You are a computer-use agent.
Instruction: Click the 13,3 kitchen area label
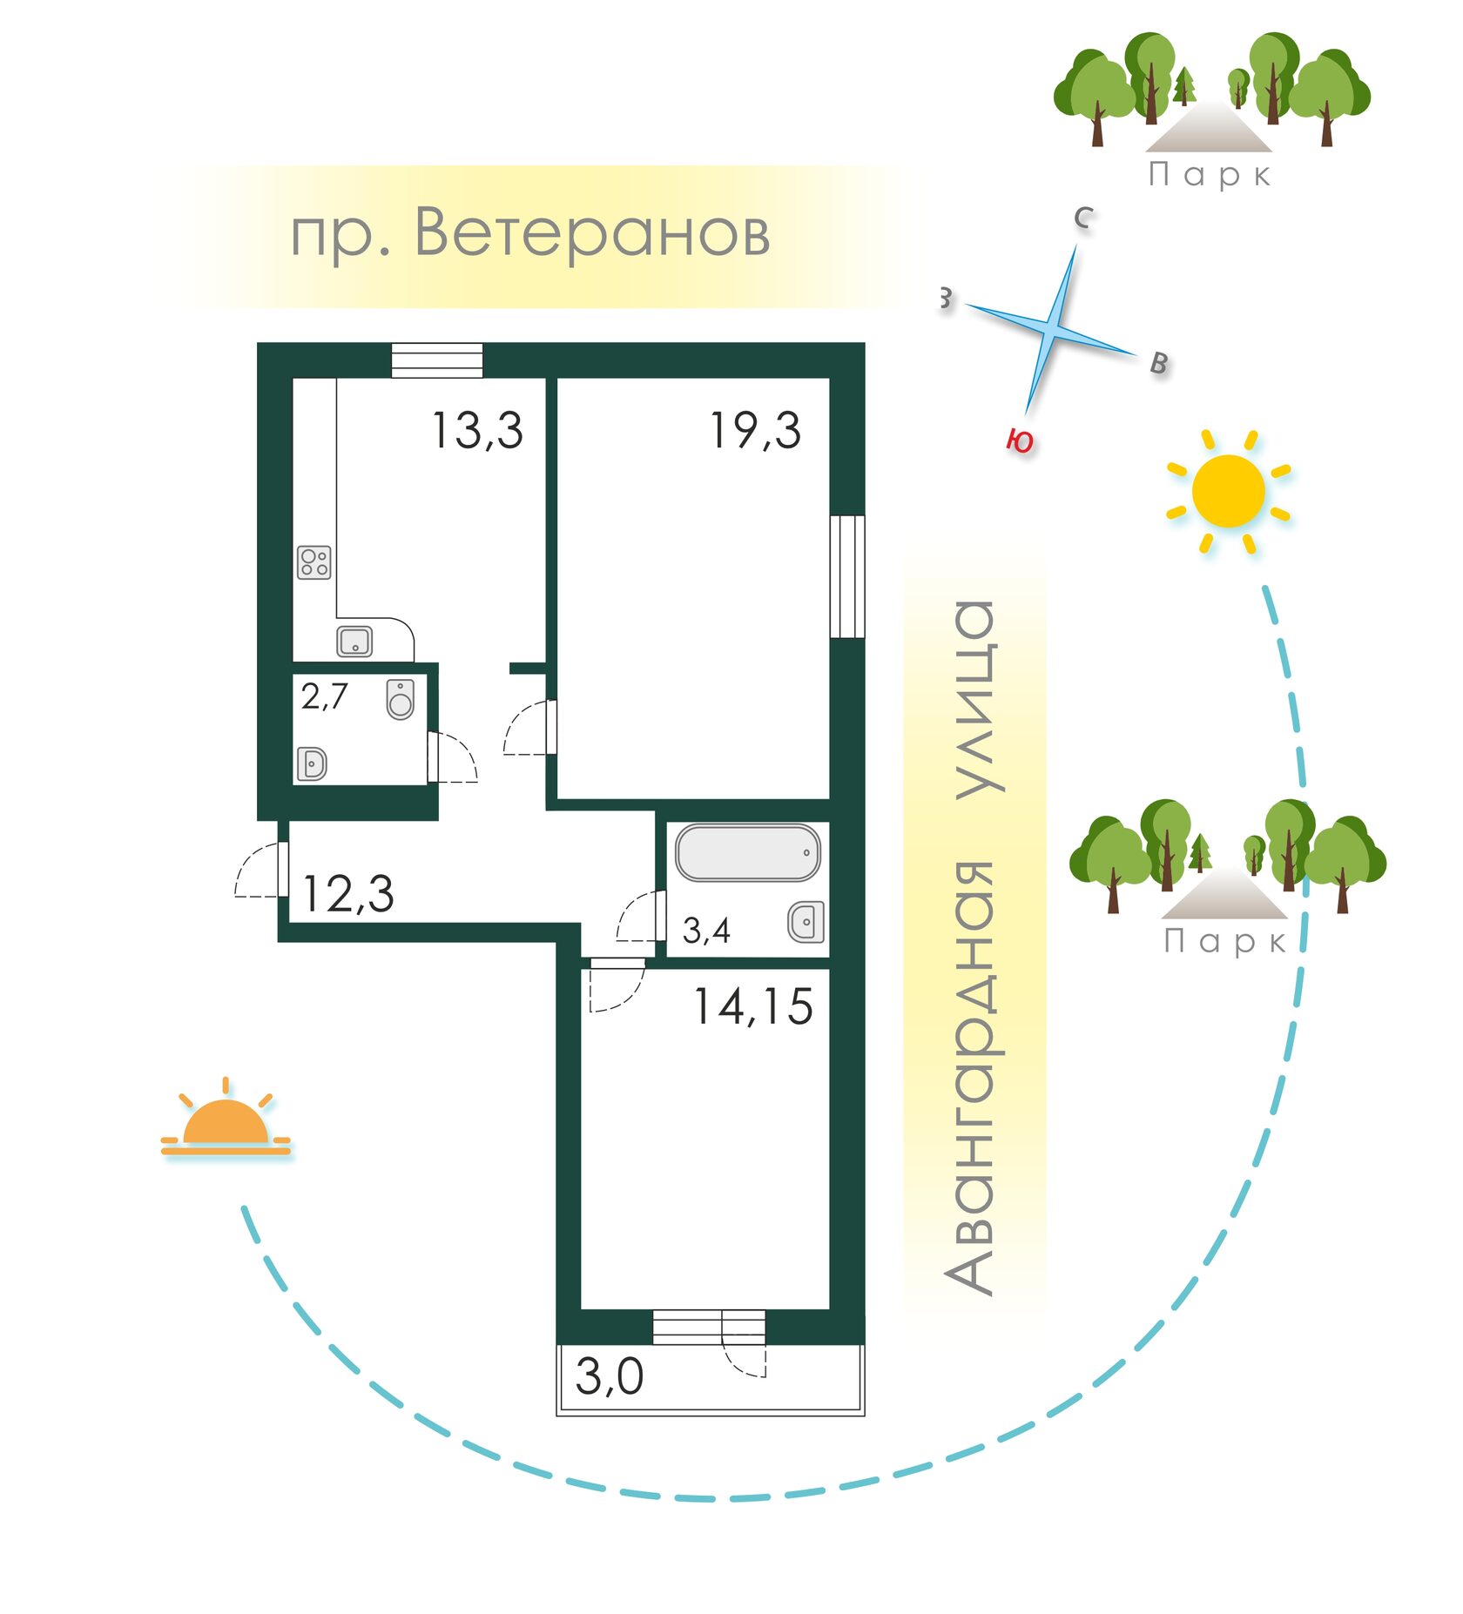tap(477, 430)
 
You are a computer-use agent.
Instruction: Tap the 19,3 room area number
tap(755, 430)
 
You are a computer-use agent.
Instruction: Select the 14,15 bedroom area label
tap(753, 1006)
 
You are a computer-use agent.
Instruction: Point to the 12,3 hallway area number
tap(348, 894)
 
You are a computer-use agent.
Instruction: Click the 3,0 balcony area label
tap(610, 1376)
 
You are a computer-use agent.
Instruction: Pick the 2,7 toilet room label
tap(325, 696)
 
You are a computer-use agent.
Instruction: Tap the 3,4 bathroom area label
tap(706, 931)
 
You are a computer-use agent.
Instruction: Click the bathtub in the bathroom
tap(748, 852)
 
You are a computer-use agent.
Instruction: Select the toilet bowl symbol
tap(401, 699)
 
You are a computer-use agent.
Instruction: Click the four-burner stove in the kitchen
tap(314, 562)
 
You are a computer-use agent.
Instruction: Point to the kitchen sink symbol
tap(354, 642)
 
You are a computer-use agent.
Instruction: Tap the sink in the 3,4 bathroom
tap(806, 922)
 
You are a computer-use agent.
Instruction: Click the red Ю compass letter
tap(1020, 440)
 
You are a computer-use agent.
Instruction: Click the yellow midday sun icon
tap(1228, 492)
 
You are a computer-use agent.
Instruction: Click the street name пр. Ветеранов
tap(530, 233)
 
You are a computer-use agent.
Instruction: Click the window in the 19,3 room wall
tap(847, 576)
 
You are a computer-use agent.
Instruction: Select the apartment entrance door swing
tap(260, 870)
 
